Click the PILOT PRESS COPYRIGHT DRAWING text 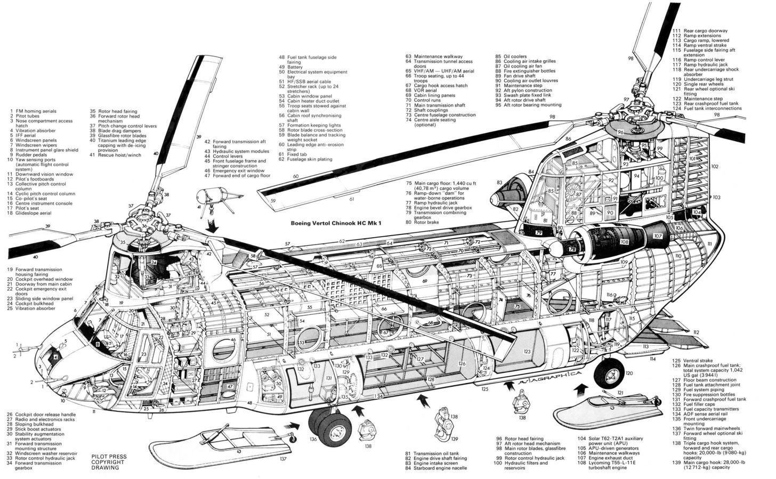[x=109, y=462]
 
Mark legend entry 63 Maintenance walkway [x=432, y=56]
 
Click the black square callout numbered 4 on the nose [x=55, y=358]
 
